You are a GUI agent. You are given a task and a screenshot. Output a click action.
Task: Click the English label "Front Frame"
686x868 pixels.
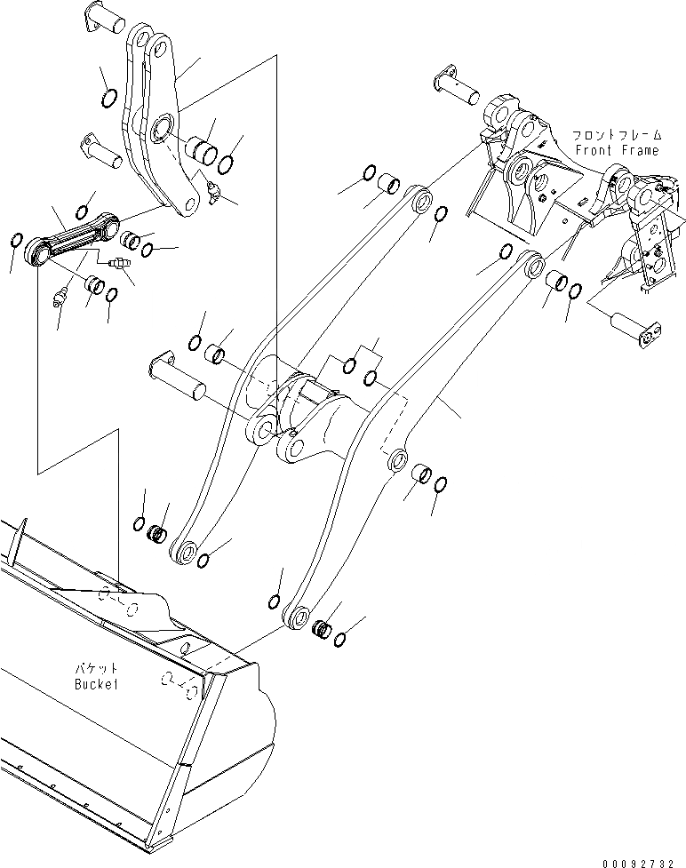(x=617, y=150)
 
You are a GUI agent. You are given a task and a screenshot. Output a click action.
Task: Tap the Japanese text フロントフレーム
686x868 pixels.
(x=617, y=135)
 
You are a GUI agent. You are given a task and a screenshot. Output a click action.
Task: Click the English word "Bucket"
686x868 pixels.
(x=97, y=685)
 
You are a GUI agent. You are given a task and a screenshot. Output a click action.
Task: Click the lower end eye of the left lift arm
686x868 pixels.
(x=186, y=552)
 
